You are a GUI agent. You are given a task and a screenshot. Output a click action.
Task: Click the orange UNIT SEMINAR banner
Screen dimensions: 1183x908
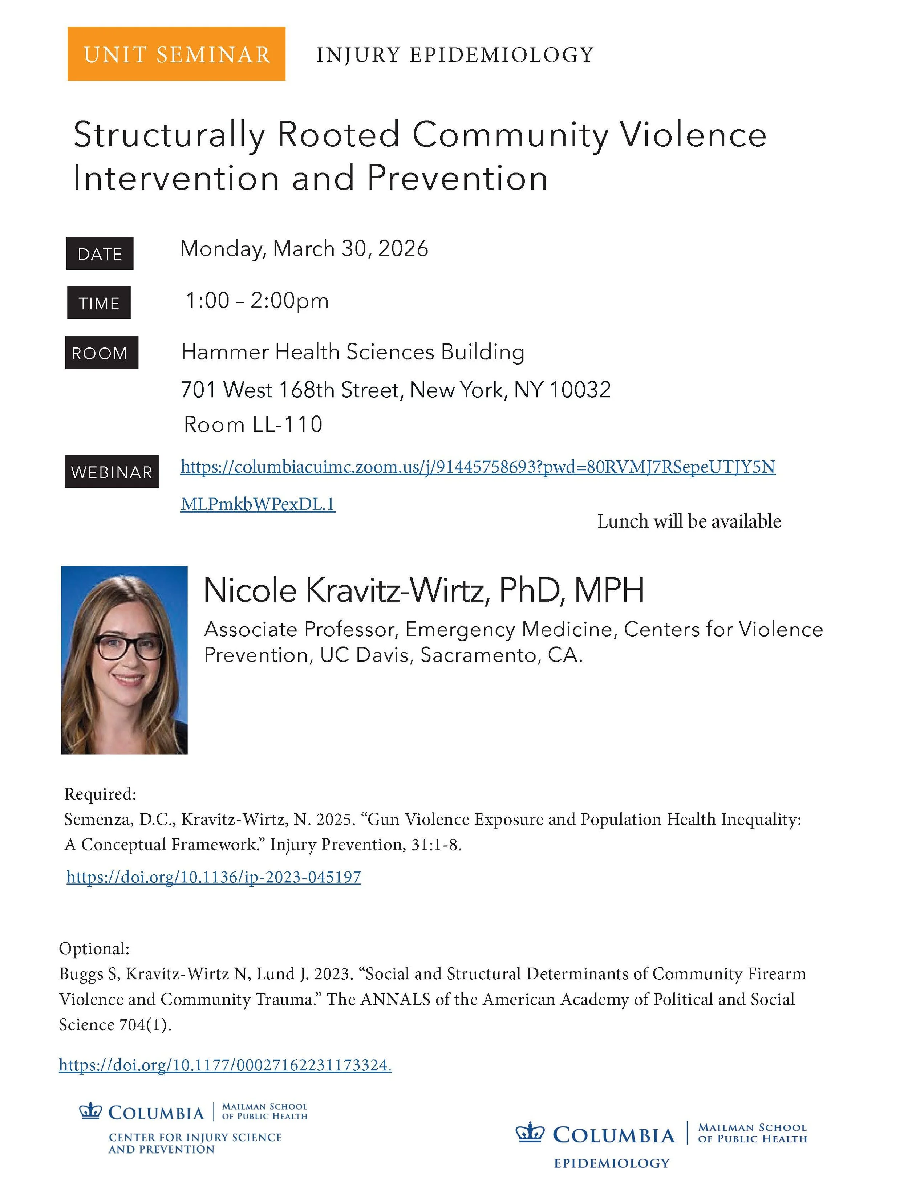click(176, 54)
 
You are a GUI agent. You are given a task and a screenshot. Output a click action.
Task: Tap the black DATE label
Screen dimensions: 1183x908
click(100, 253)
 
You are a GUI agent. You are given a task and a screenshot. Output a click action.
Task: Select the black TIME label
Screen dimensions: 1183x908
click(99, 302)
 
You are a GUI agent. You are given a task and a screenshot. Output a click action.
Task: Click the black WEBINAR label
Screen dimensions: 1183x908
click(112, 472)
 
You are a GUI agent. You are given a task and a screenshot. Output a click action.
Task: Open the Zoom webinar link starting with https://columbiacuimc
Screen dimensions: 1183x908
click(477, 467)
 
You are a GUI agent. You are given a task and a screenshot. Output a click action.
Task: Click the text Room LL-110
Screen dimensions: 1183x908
click(253, 424)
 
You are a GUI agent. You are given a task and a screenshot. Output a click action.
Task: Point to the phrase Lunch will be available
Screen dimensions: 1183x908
click(689, 521)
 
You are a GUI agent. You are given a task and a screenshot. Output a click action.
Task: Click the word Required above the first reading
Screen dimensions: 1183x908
click(100, 794)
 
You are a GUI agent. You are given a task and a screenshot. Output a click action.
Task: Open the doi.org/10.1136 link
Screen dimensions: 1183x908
click(214, 876)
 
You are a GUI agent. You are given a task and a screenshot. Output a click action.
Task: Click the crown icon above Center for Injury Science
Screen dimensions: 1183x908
click(90, 1112)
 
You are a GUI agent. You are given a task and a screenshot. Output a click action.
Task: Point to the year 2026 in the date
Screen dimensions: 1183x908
click(403, 248)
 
